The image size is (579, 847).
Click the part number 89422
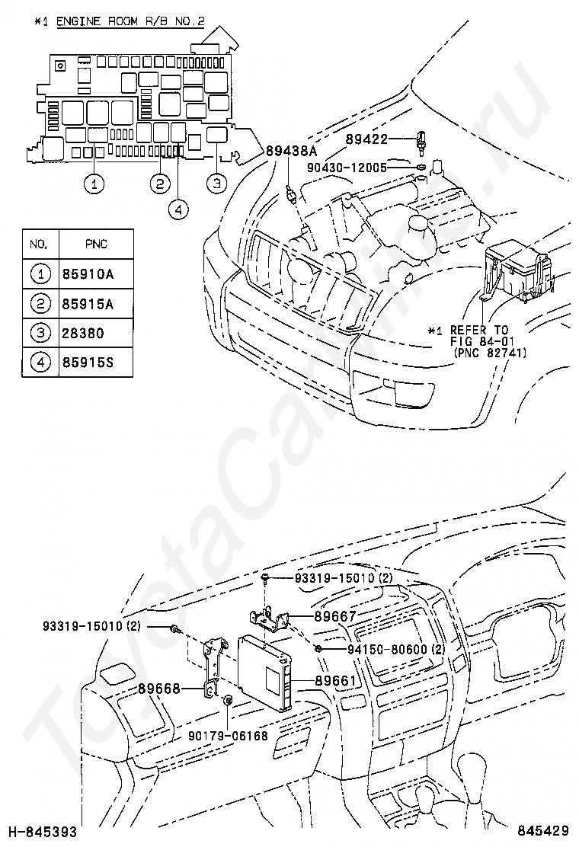point(366,139)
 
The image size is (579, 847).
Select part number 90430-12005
point(347,168)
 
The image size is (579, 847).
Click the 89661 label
point(335,681)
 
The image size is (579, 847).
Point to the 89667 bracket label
point(335,616)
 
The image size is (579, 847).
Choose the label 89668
point(158,689)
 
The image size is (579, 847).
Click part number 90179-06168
point(228,736)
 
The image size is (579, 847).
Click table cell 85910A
point(88,274)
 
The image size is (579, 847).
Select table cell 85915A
point(88,304)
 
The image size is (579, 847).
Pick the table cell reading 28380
point(83,333)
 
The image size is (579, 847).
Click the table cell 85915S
point(88,362)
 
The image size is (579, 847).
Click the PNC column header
point(96,245)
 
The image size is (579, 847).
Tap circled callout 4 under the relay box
point(179,209)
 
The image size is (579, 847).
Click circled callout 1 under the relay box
point(94,184)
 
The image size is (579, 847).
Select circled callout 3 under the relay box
point(216,183)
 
